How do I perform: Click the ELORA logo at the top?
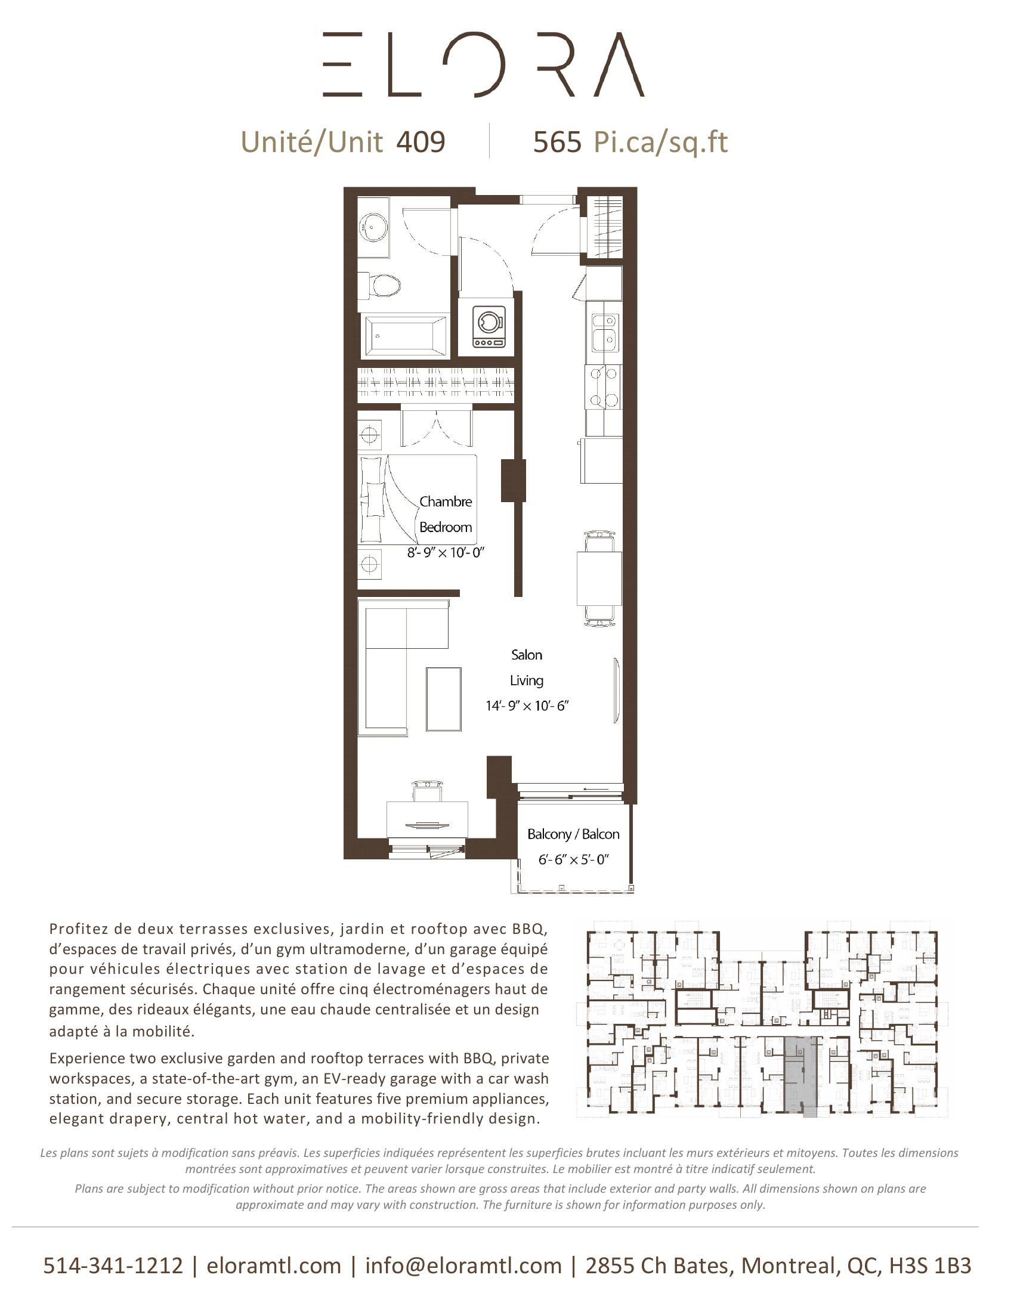(x=483, y=64)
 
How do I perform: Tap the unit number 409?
(x=421, y=143)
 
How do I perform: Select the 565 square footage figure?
(x=557, y=143)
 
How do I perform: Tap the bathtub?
(x=405, y=336)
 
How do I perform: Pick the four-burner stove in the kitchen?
(x=604, y=386)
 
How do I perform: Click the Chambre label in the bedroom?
(x=446, y=502)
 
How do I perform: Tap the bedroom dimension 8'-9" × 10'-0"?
(x=445, y=553)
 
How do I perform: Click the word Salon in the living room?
(x=526, y=655)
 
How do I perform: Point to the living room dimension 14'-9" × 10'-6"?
(x=527, y=706)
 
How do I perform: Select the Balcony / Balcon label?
(x=573, y=834)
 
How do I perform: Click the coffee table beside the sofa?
(x=444, y=698)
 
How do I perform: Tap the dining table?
(x=599, y=578)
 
